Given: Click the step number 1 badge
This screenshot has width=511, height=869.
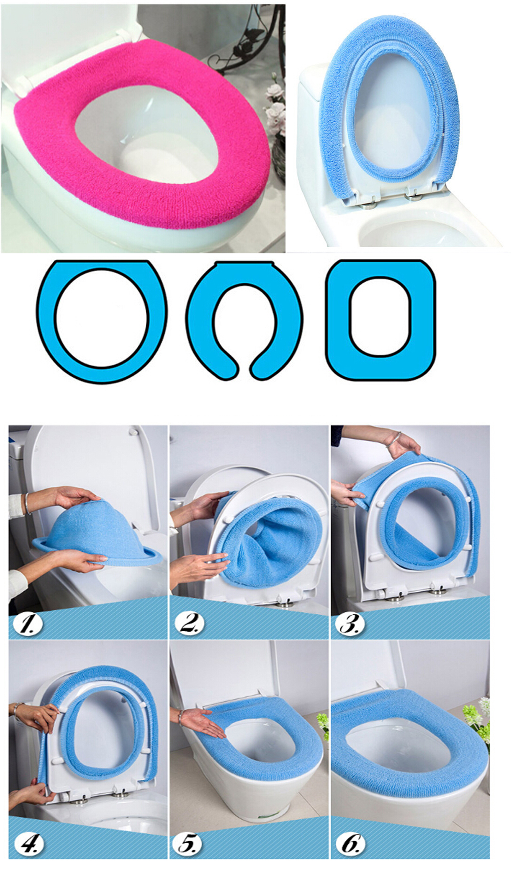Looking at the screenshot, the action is (28, 624).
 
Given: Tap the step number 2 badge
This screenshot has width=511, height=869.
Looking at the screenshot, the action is (190, 624).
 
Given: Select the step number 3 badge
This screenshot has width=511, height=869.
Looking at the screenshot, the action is (351, 624).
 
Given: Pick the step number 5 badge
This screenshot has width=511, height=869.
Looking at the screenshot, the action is (188, 844).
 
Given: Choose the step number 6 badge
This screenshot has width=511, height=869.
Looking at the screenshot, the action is (351, 844).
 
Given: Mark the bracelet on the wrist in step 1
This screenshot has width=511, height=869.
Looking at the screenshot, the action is (28, 502).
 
